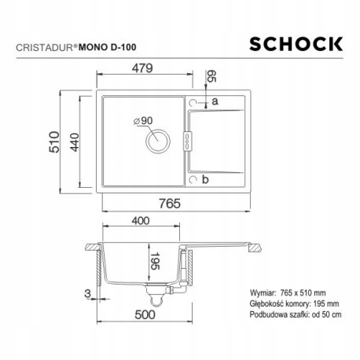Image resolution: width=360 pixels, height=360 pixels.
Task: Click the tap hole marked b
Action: (x=194, y=179)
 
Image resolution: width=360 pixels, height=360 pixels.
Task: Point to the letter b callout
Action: (x=204, y=180)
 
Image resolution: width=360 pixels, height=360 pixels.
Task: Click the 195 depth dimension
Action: (x=157, y=260)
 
